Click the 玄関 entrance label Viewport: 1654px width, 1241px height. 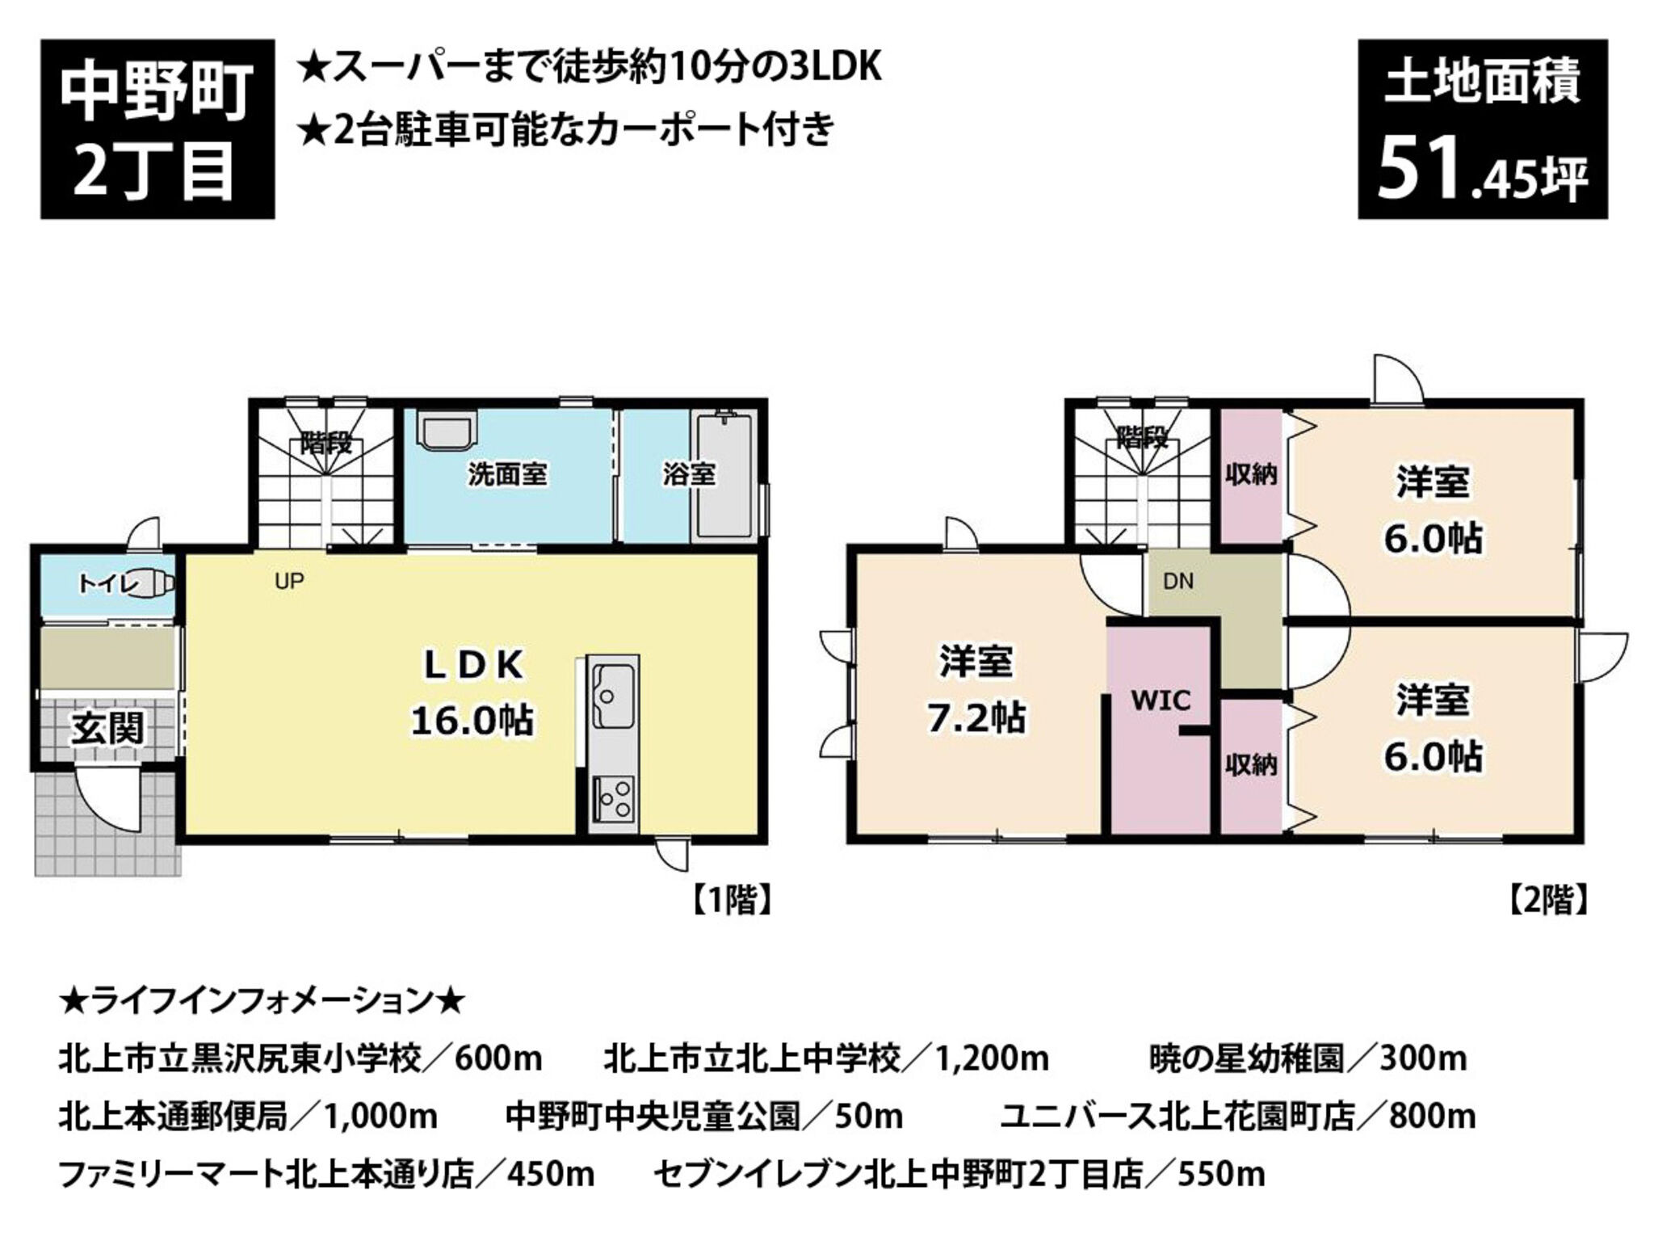click(x=107, y=730)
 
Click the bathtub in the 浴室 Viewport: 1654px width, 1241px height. click(x=724, y=477)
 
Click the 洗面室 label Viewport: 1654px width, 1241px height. click(x=508, y=474)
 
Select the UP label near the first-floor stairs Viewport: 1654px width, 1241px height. click(x=289, y=581)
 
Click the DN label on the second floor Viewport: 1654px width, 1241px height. click(x=1178, y=581)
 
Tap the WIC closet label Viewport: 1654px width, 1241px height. click(x=1161, y=700)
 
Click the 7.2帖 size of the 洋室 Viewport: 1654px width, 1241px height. click(x=976, y=717)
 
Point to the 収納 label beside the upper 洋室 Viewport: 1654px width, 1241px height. click(x=1251, y=474)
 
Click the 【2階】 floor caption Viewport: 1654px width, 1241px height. click(x=1547, y=899)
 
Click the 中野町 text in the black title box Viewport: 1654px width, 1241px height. click(x=157, y=92)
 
